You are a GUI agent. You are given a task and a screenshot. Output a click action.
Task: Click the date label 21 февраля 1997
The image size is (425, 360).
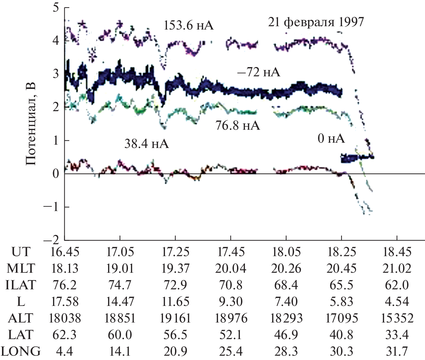point(316,22)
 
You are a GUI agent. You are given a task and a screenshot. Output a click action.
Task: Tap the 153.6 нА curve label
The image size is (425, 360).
point(188,25)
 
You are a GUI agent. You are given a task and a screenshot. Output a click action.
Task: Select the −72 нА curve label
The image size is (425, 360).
point(259,72)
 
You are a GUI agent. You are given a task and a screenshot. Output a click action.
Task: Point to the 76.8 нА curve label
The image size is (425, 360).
point(238,125)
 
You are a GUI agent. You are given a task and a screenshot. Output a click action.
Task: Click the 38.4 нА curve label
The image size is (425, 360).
point(147,144)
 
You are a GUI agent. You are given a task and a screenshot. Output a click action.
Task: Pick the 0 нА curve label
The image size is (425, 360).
point(331,138)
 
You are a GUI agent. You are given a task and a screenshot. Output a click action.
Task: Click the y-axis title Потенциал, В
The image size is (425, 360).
point(30,124)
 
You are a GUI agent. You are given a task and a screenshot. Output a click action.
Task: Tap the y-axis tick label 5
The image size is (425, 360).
point(55,7)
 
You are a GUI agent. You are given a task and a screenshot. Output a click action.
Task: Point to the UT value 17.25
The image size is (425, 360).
point(175,252)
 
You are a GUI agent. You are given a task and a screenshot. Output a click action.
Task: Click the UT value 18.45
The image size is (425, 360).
point(397,252)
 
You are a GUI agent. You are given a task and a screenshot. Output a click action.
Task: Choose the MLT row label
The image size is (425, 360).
point(21,268)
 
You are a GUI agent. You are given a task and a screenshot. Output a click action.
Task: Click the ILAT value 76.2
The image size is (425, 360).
point(65,285)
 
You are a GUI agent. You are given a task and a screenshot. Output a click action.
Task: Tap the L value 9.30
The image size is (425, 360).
point(231,302)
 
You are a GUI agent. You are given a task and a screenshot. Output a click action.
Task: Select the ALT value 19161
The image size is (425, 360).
point(175,318)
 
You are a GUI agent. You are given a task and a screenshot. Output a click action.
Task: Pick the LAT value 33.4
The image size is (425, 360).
point(397,335)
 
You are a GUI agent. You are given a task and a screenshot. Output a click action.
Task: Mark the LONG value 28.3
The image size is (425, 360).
point(286,351)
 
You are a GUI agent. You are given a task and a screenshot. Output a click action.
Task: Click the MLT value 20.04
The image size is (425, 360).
point(231,268)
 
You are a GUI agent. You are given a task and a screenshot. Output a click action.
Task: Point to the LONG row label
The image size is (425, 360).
point(21,351)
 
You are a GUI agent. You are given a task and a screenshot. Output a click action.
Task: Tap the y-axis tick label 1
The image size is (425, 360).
point(55,140)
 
